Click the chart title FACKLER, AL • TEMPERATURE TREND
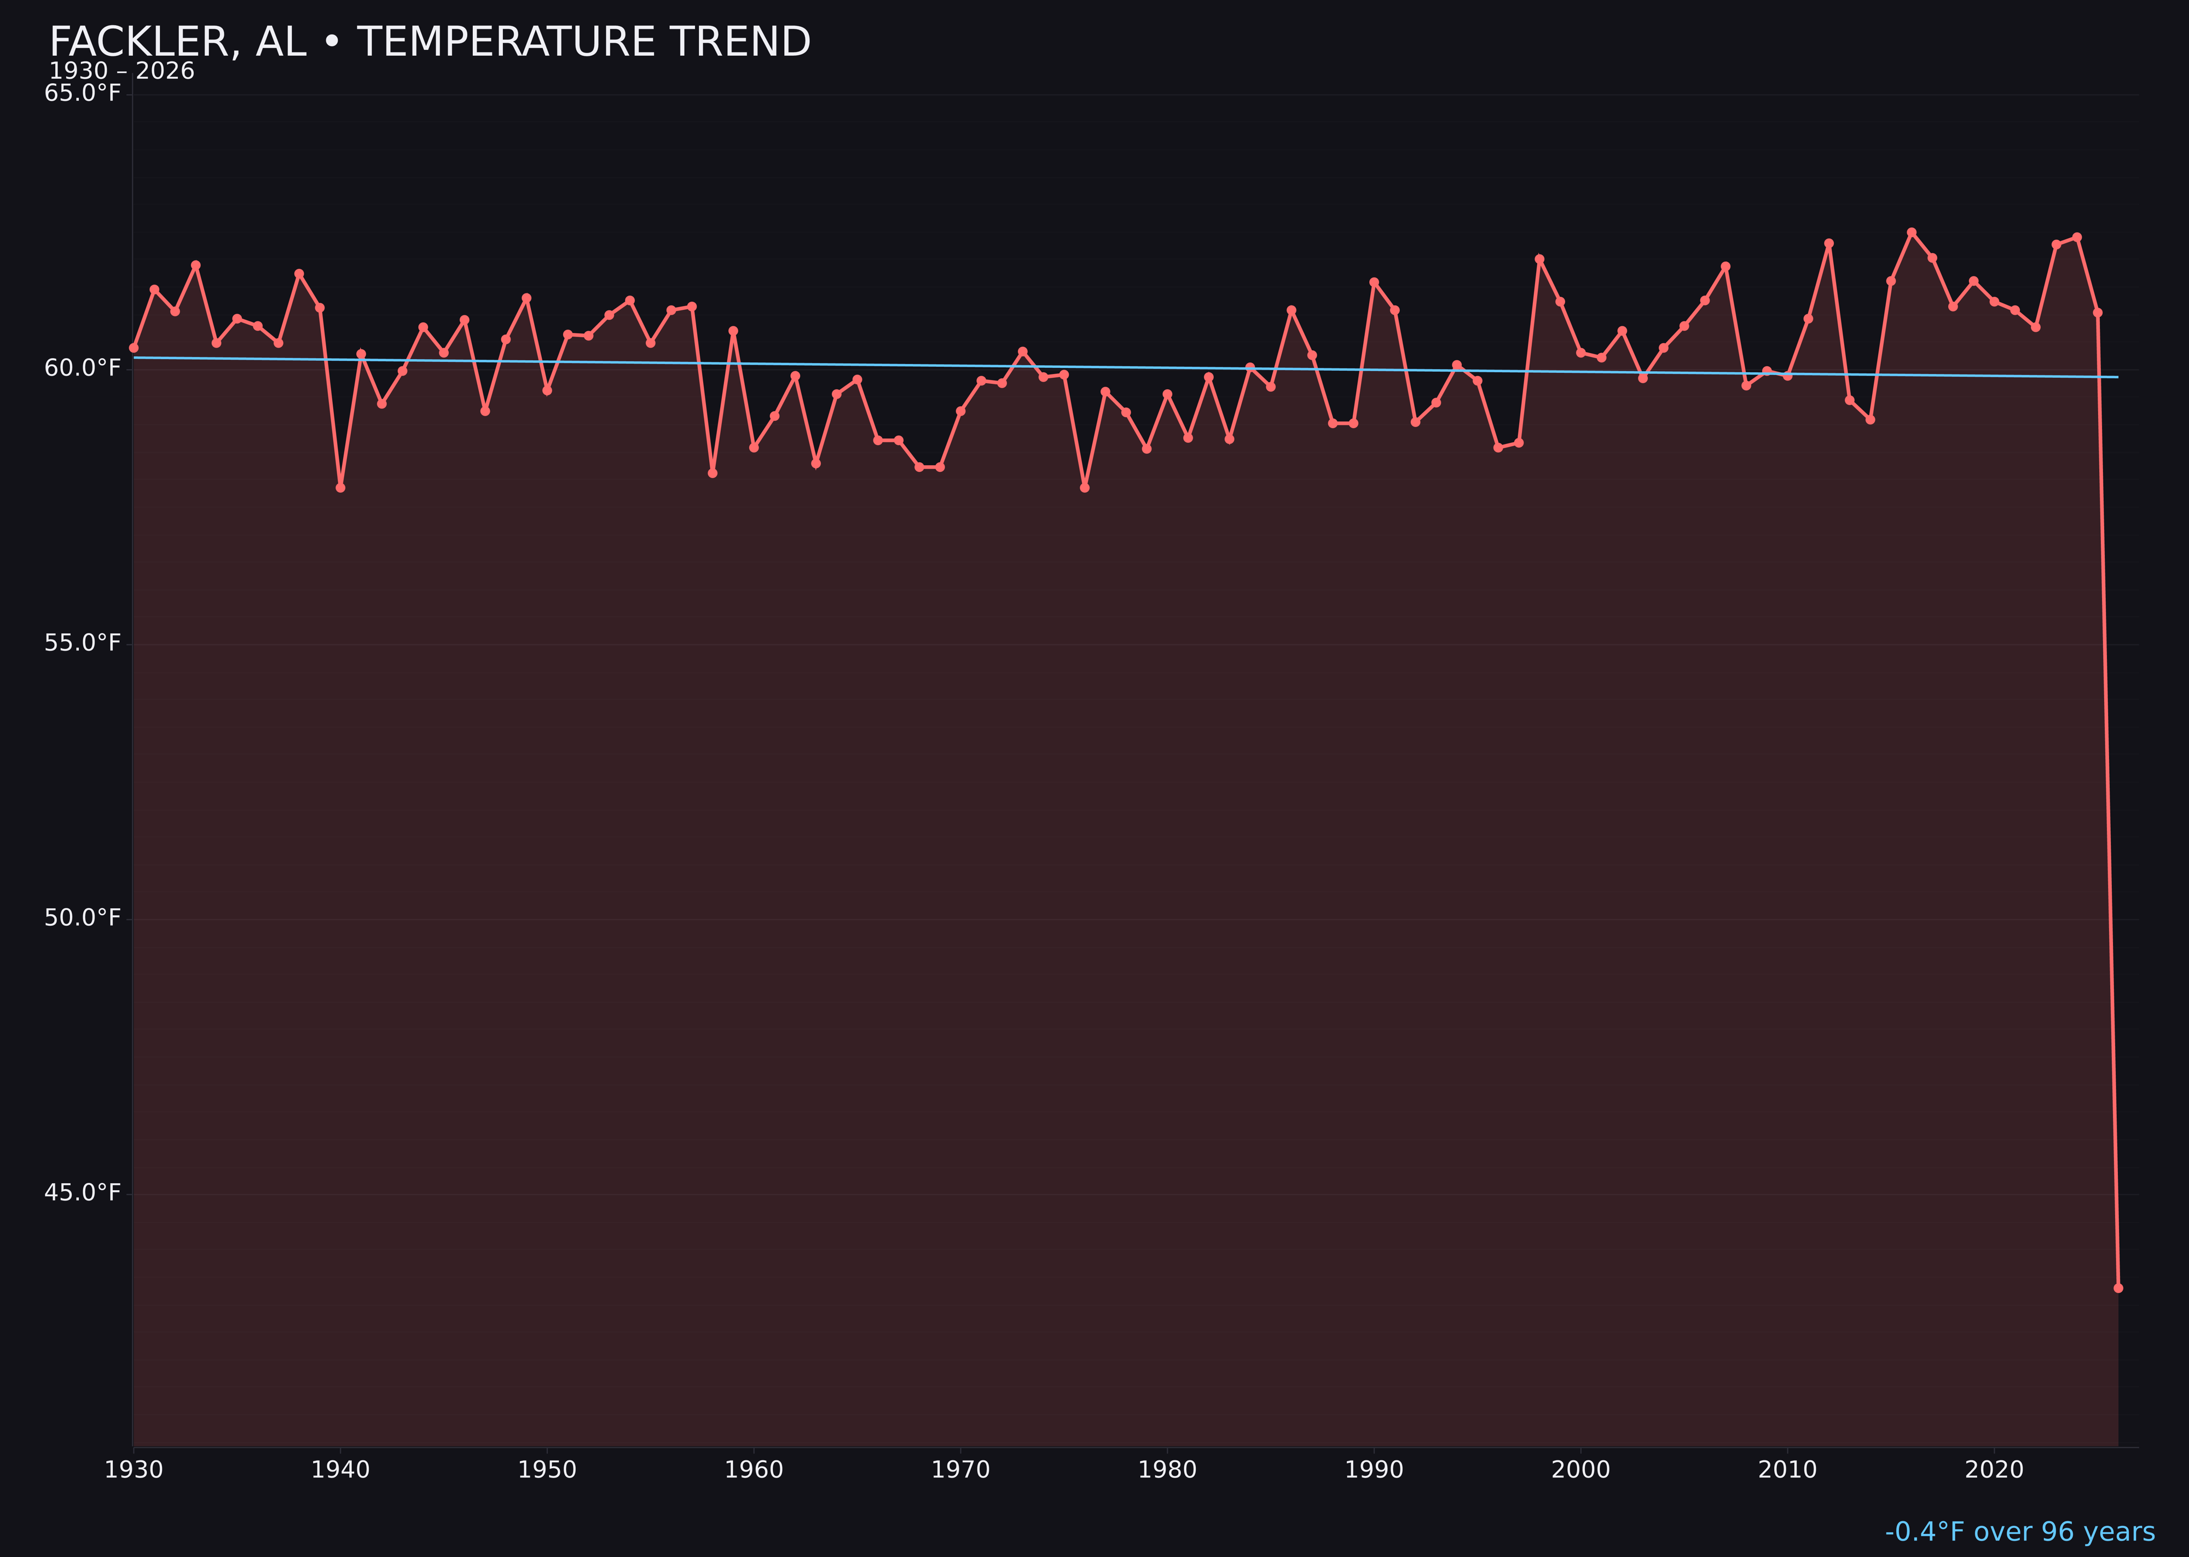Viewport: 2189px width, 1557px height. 430,42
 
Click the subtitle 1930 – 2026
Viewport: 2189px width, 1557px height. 121,72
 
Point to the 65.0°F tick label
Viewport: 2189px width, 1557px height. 83,93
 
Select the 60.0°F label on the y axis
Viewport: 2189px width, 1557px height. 83,368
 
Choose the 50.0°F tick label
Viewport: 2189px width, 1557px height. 83,918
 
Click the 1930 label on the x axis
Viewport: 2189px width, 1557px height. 134,1470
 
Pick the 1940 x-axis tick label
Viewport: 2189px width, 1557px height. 340,1470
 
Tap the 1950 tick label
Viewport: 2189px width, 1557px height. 547,1470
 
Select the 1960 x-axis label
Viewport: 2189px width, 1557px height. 754,1470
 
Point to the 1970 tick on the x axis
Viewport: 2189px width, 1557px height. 960,1470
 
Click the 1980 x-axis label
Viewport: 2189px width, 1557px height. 1167,1470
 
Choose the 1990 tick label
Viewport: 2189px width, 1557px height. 1374,1470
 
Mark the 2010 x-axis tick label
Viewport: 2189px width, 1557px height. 1787,1470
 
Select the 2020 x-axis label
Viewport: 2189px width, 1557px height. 1994,1470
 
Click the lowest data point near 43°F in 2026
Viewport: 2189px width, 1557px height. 2118,1288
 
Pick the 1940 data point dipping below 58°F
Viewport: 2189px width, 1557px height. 340,488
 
